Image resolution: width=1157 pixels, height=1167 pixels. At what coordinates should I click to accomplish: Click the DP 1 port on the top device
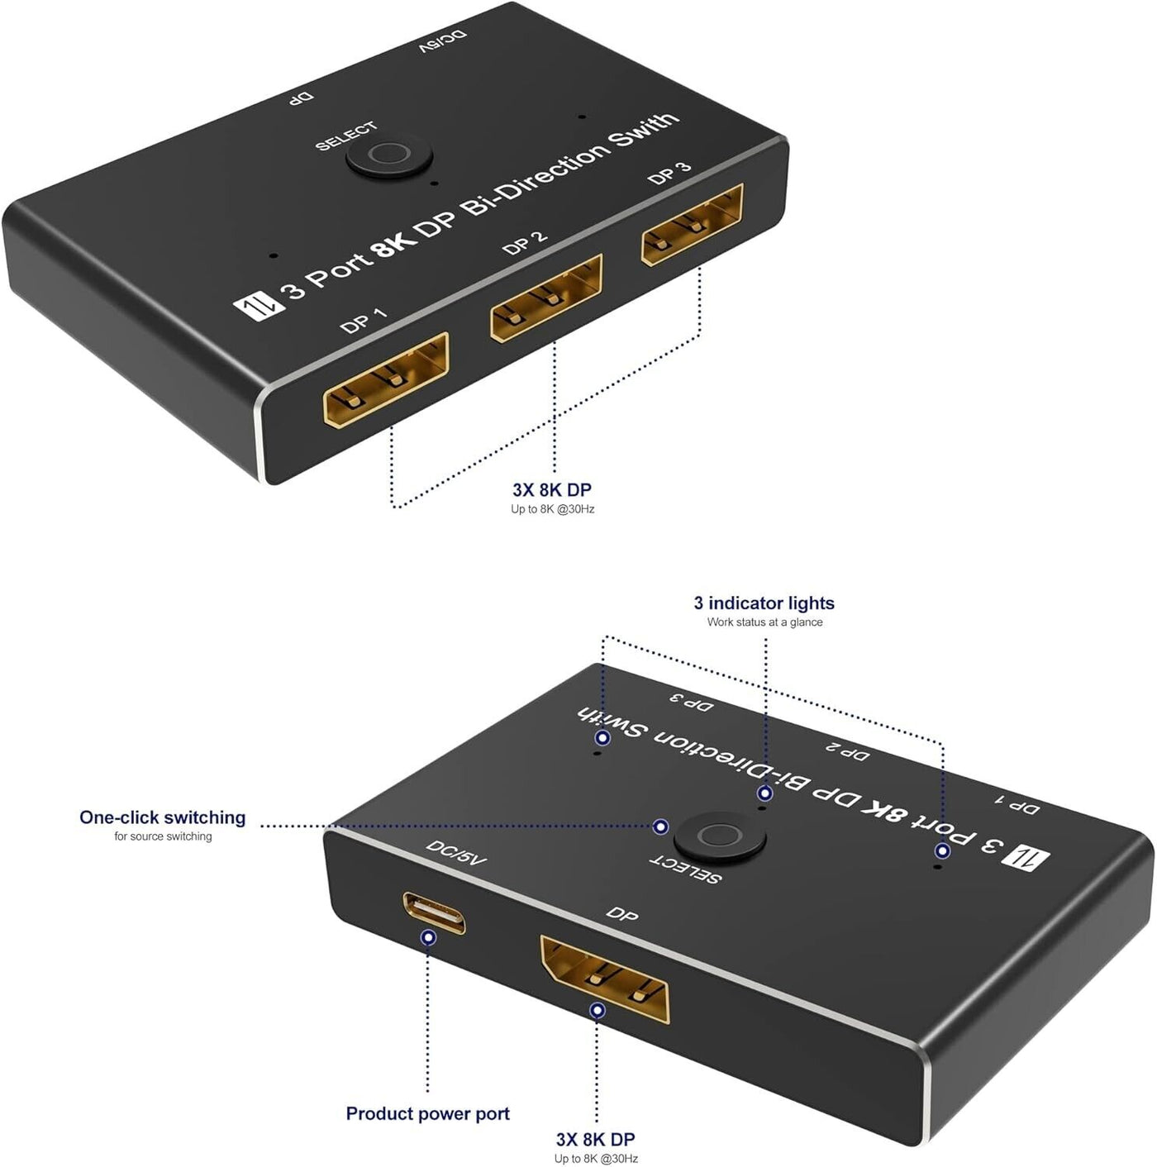click(386, 379)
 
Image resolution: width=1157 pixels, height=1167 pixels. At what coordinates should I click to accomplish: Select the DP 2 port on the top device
click(545, 298)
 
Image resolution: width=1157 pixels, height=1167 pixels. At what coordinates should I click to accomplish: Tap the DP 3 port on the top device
click(693, 225)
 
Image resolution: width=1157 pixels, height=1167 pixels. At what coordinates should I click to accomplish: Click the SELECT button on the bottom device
click(720, 837)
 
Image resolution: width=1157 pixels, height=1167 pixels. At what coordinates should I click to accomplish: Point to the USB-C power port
click(435, 912)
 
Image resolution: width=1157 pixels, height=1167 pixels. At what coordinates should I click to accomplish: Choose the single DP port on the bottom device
click(605, 979)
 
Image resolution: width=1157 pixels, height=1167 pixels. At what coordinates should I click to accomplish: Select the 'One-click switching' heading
click(162, 817)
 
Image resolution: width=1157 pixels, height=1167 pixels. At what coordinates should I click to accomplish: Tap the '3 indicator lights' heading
click(764, 603)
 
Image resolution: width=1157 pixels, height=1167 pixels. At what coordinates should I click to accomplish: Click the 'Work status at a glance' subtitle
click(764, 622)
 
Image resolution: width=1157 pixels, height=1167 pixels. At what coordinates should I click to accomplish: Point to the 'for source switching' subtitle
click(163, 836)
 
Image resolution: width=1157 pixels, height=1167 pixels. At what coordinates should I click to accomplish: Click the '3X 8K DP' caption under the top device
click(552, 489)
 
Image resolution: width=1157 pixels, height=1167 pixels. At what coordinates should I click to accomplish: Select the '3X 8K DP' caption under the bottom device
click(596, 1139)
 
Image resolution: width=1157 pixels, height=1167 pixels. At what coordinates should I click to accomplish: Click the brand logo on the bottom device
click(1027, 859)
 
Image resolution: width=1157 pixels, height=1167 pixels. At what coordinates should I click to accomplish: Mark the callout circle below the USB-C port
click(429, 938)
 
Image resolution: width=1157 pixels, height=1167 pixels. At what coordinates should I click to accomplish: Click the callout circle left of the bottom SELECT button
click(661, 826)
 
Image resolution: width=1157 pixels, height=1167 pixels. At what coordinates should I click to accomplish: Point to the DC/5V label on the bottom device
click(456, 852)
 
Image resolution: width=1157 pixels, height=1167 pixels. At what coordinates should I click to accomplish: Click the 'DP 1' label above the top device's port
click(363, 321)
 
